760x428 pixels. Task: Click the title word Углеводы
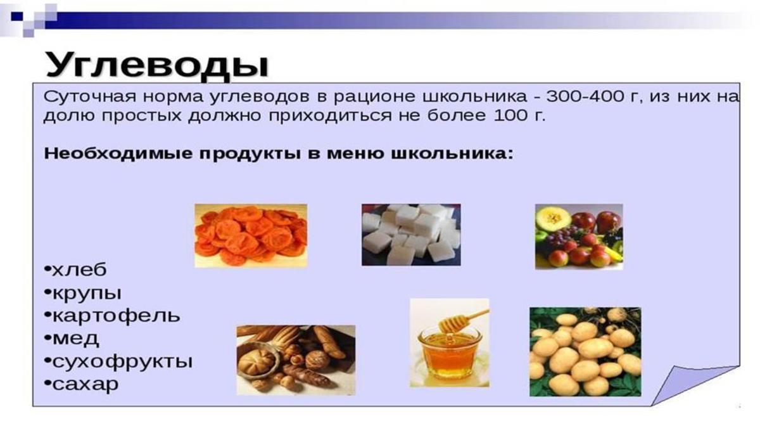point(157,66)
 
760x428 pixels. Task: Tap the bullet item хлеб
point(75,270)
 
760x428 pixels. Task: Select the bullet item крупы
point(83,294)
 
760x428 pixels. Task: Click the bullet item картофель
point(112,316)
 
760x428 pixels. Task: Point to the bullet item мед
point(72,339)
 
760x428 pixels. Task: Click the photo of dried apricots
point(251,236)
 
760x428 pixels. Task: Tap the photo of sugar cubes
point(411,235)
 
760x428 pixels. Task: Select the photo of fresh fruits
point(579,237)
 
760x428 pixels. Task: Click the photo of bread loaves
point(296,360)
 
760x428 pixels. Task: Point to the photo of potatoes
point(585,351)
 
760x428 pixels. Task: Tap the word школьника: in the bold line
point(452,153)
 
